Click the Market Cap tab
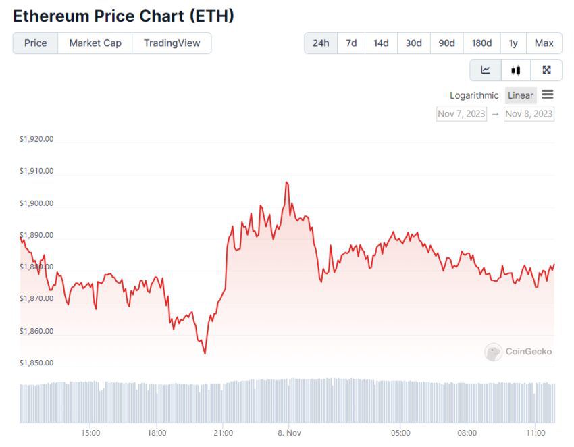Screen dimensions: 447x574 tap(95, 43)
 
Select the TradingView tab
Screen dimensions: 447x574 tap(172, 43)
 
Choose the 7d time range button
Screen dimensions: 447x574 tap(351, 43)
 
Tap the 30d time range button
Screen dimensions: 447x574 tap(413, 43)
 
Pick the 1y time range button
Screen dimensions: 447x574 tap(513, 43)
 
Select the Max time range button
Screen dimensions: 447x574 tap(544, 43)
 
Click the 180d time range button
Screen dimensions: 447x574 tap(481, 43)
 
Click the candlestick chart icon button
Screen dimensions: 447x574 tap(516, 70)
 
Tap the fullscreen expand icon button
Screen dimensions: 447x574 tap(547, 70)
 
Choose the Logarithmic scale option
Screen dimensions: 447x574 tap(474, 95)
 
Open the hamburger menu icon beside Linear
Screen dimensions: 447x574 tap(548, 95)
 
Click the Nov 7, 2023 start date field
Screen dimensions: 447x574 tap(461, 113)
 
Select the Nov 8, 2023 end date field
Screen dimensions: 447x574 tap(529, 113)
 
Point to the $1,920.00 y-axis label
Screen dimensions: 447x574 tap(36, 139)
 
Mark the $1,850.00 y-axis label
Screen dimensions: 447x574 tap(36, 363)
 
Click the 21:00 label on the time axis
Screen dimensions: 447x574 tap(223, 433)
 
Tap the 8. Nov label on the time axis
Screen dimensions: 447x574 tap(288, 433)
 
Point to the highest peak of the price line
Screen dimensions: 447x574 tap(286, 182)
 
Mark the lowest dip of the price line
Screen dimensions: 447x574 tap(205, 353)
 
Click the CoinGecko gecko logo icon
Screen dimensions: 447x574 tap(493, 352)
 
